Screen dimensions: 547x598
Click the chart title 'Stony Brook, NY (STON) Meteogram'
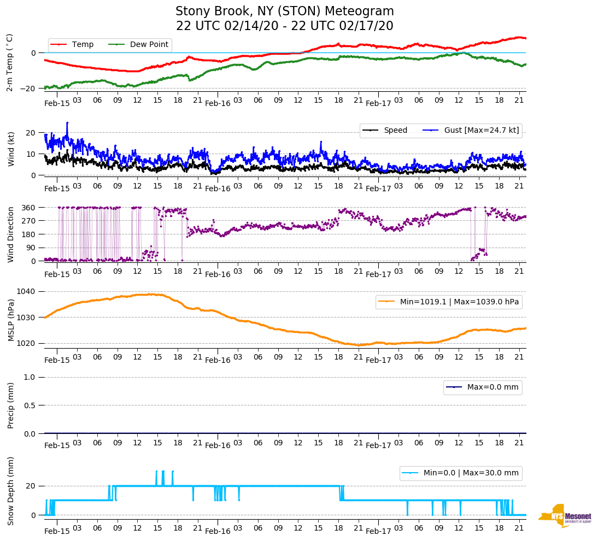tap(284, 11)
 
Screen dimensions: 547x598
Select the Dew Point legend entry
tap(149, 45)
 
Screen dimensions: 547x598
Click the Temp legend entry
tap(83, 45)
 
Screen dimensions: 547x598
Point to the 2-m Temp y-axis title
tap(9, 62)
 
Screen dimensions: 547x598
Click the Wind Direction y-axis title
tap(10, 234)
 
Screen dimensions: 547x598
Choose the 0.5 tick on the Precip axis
tap(31, 405)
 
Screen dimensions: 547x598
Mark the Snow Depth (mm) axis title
tap(10, 491)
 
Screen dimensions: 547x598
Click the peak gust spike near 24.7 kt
tap(67, 123)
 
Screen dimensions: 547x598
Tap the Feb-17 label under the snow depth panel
tap(378, 531)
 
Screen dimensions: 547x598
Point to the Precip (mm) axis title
tap(10, 405)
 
